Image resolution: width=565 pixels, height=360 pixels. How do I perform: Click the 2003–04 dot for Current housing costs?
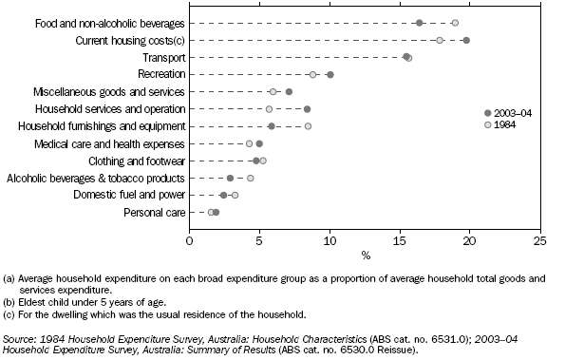(466, 40)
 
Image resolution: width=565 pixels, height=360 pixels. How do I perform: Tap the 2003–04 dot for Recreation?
(330, 74)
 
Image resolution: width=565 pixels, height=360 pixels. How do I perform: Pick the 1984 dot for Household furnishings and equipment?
(308, 126)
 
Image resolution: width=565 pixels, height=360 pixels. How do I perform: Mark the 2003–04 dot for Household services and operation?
(308, 109)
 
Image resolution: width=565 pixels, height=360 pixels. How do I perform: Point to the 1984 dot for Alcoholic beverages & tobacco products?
(251, 178)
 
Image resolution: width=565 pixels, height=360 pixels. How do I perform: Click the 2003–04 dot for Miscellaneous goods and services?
(290, 92)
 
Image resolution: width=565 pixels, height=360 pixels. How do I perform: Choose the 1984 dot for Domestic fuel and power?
(235, 195)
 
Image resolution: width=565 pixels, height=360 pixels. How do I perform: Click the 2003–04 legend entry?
(510, 113)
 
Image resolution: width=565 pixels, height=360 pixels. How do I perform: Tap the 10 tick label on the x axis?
(330, 241)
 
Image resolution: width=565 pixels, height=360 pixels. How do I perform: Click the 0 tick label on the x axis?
(190, 241)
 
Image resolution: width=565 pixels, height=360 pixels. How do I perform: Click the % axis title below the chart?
(365, 256)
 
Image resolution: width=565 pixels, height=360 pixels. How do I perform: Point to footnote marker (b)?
(10, 295)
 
